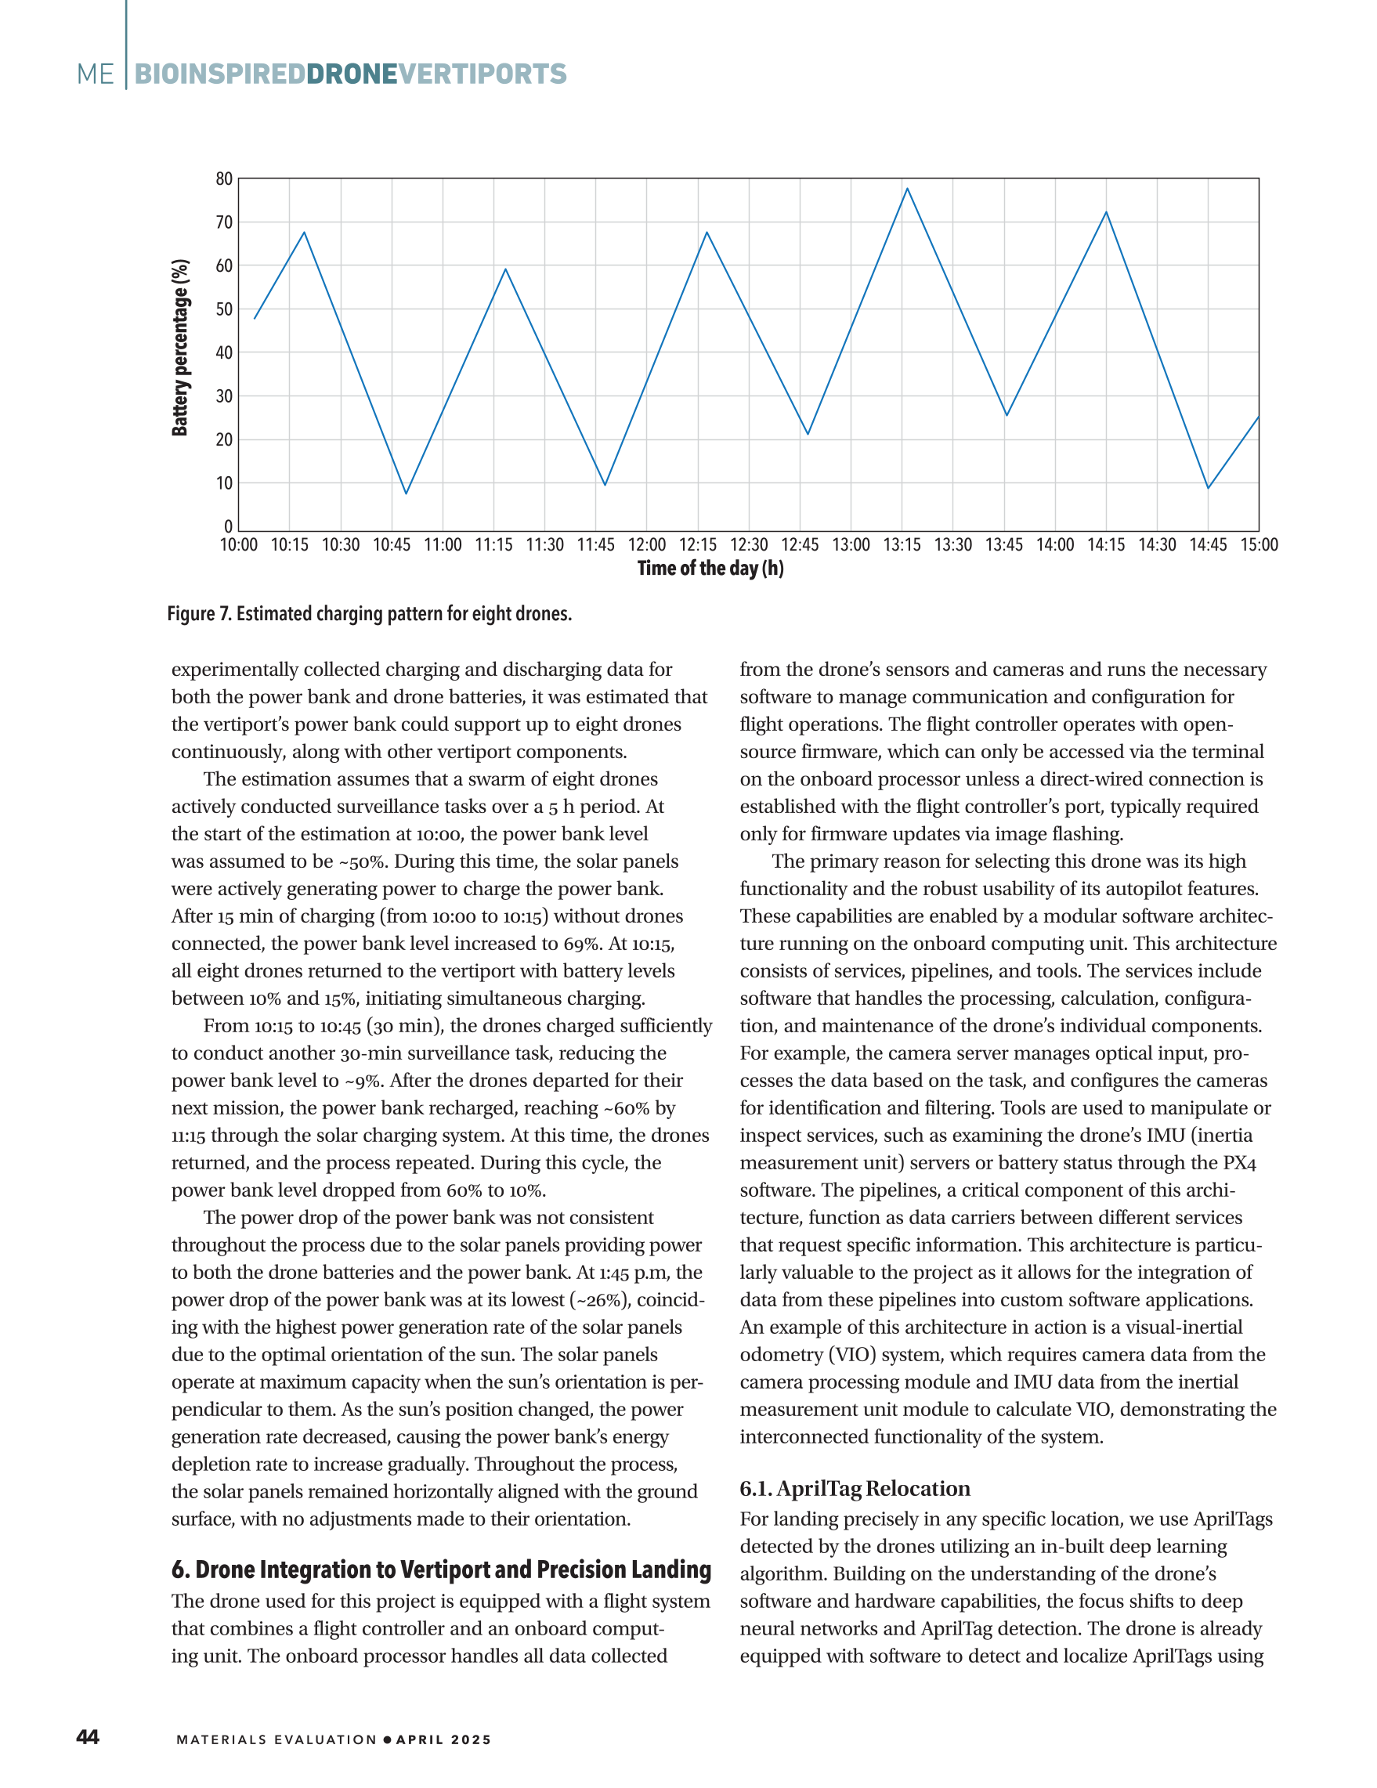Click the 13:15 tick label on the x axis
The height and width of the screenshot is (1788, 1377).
tap(902, 545)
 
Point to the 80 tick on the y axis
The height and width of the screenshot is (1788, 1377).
tap(224, 179)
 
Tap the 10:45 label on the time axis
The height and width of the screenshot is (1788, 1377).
tap(392, 545)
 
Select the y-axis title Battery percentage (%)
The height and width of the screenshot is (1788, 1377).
tap(180, 348)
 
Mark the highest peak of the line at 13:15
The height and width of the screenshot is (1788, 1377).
tap(906, 189)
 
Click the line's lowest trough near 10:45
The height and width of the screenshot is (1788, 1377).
tap(406, 493)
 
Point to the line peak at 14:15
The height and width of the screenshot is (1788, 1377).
tap(1106, 213)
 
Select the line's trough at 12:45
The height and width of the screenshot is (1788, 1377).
tap(808, 434)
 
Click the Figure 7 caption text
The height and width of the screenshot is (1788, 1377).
tap(369, 614)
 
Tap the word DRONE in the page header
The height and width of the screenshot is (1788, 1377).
tap(351, 74)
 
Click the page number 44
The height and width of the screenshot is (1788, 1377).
tap(88, 1737)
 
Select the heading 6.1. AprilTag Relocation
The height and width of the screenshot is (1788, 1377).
tap(855, 1488)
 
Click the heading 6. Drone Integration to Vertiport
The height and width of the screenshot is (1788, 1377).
tap(440, 1569)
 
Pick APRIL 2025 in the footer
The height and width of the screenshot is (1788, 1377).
tap(443, 1739)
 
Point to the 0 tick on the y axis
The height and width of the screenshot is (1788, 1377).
tap(229, 527)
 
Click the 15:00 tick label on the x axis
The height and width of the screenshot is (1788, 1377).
tap(1258, 545)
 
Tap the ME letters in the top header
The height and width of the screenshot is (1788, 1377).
tap(96, 74)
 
